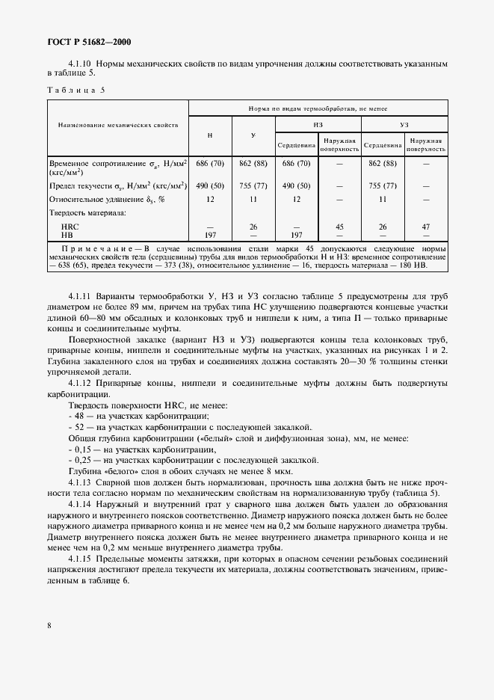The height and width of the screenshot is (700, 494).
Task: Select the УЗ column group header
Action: (x=404, y=124)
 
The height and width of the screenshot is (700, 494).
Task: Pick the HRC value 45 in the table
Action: (x=339, y=226)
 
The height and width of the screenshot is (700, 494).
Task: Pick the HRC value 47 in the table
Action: (x=426, y=226)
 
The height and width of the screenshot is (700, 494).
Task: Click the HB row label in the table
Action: (x=68, y=233)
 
